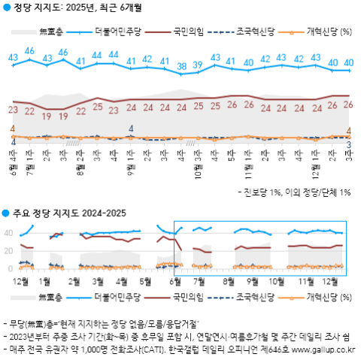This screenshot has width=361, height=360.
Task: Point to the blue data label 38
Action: [x=181, y=67]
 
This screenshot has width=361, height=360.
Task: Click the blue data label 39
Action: [x=198, y=65]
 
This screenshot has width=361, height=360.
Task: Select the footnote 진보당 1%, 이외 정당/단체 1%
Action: [x=297, y=192]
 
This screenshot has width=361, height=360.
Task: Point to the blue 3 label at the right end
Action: [x=349, y=144]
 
